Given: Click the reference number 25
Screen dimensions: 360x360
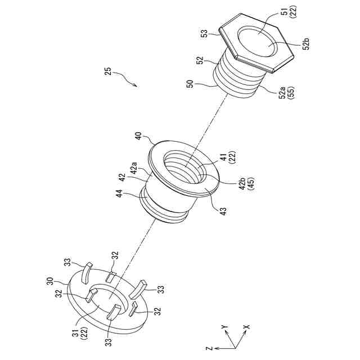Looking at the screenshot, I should coord(108,71).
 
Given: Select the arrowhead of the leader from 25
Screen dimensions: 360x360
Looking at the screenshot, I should coord(136,86).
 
